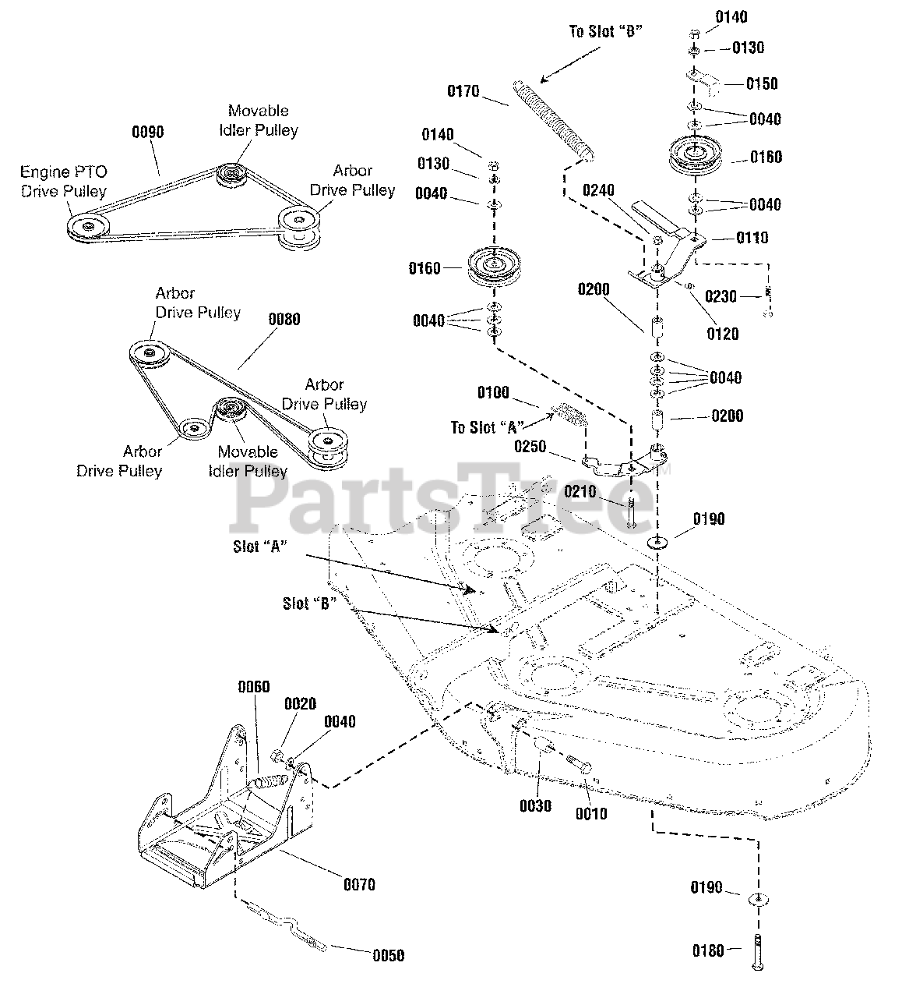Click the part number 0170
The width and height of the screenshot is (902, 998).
tap(463, 91)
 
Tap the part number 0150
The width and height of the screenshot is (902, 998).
tap(762, 83)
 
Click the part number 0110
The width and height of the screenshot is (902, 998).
tap(752, 238)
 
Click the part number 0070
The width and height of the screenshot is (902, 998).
tap(360, 885)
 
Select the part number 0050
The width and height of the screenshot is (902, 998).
tap(389, 955)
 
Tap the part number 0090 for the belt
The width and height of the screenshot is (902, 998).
tap(148, 132)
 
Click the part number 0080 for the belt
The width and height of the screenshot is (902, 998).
tap(284, 319)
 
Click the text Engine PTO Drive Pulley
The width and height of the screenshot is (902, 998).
tap(64, 182)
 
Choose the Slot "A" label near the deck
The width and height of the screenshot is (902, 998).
tap(260, 547)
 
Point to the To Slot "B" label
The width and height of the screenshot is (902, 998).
tap(605, 31)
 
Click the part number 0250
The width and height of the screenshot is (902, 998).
tap(530, 446)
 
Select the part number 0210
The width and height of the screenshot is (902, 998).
tap(580, 491)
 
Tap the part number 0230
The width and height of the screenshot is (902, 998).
tap(721, 296)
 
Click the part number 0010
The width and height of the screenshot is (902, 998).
tap(591, 814)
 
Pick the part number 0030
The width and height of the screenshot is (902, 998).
tap(536, 806)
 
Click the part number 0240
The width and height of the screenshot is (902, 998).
tap(598, 190)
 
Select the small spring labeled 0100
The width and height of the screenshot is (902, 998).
tap(570, 413)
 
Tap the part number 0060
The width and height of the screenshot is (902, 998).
tap(254, 687)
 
